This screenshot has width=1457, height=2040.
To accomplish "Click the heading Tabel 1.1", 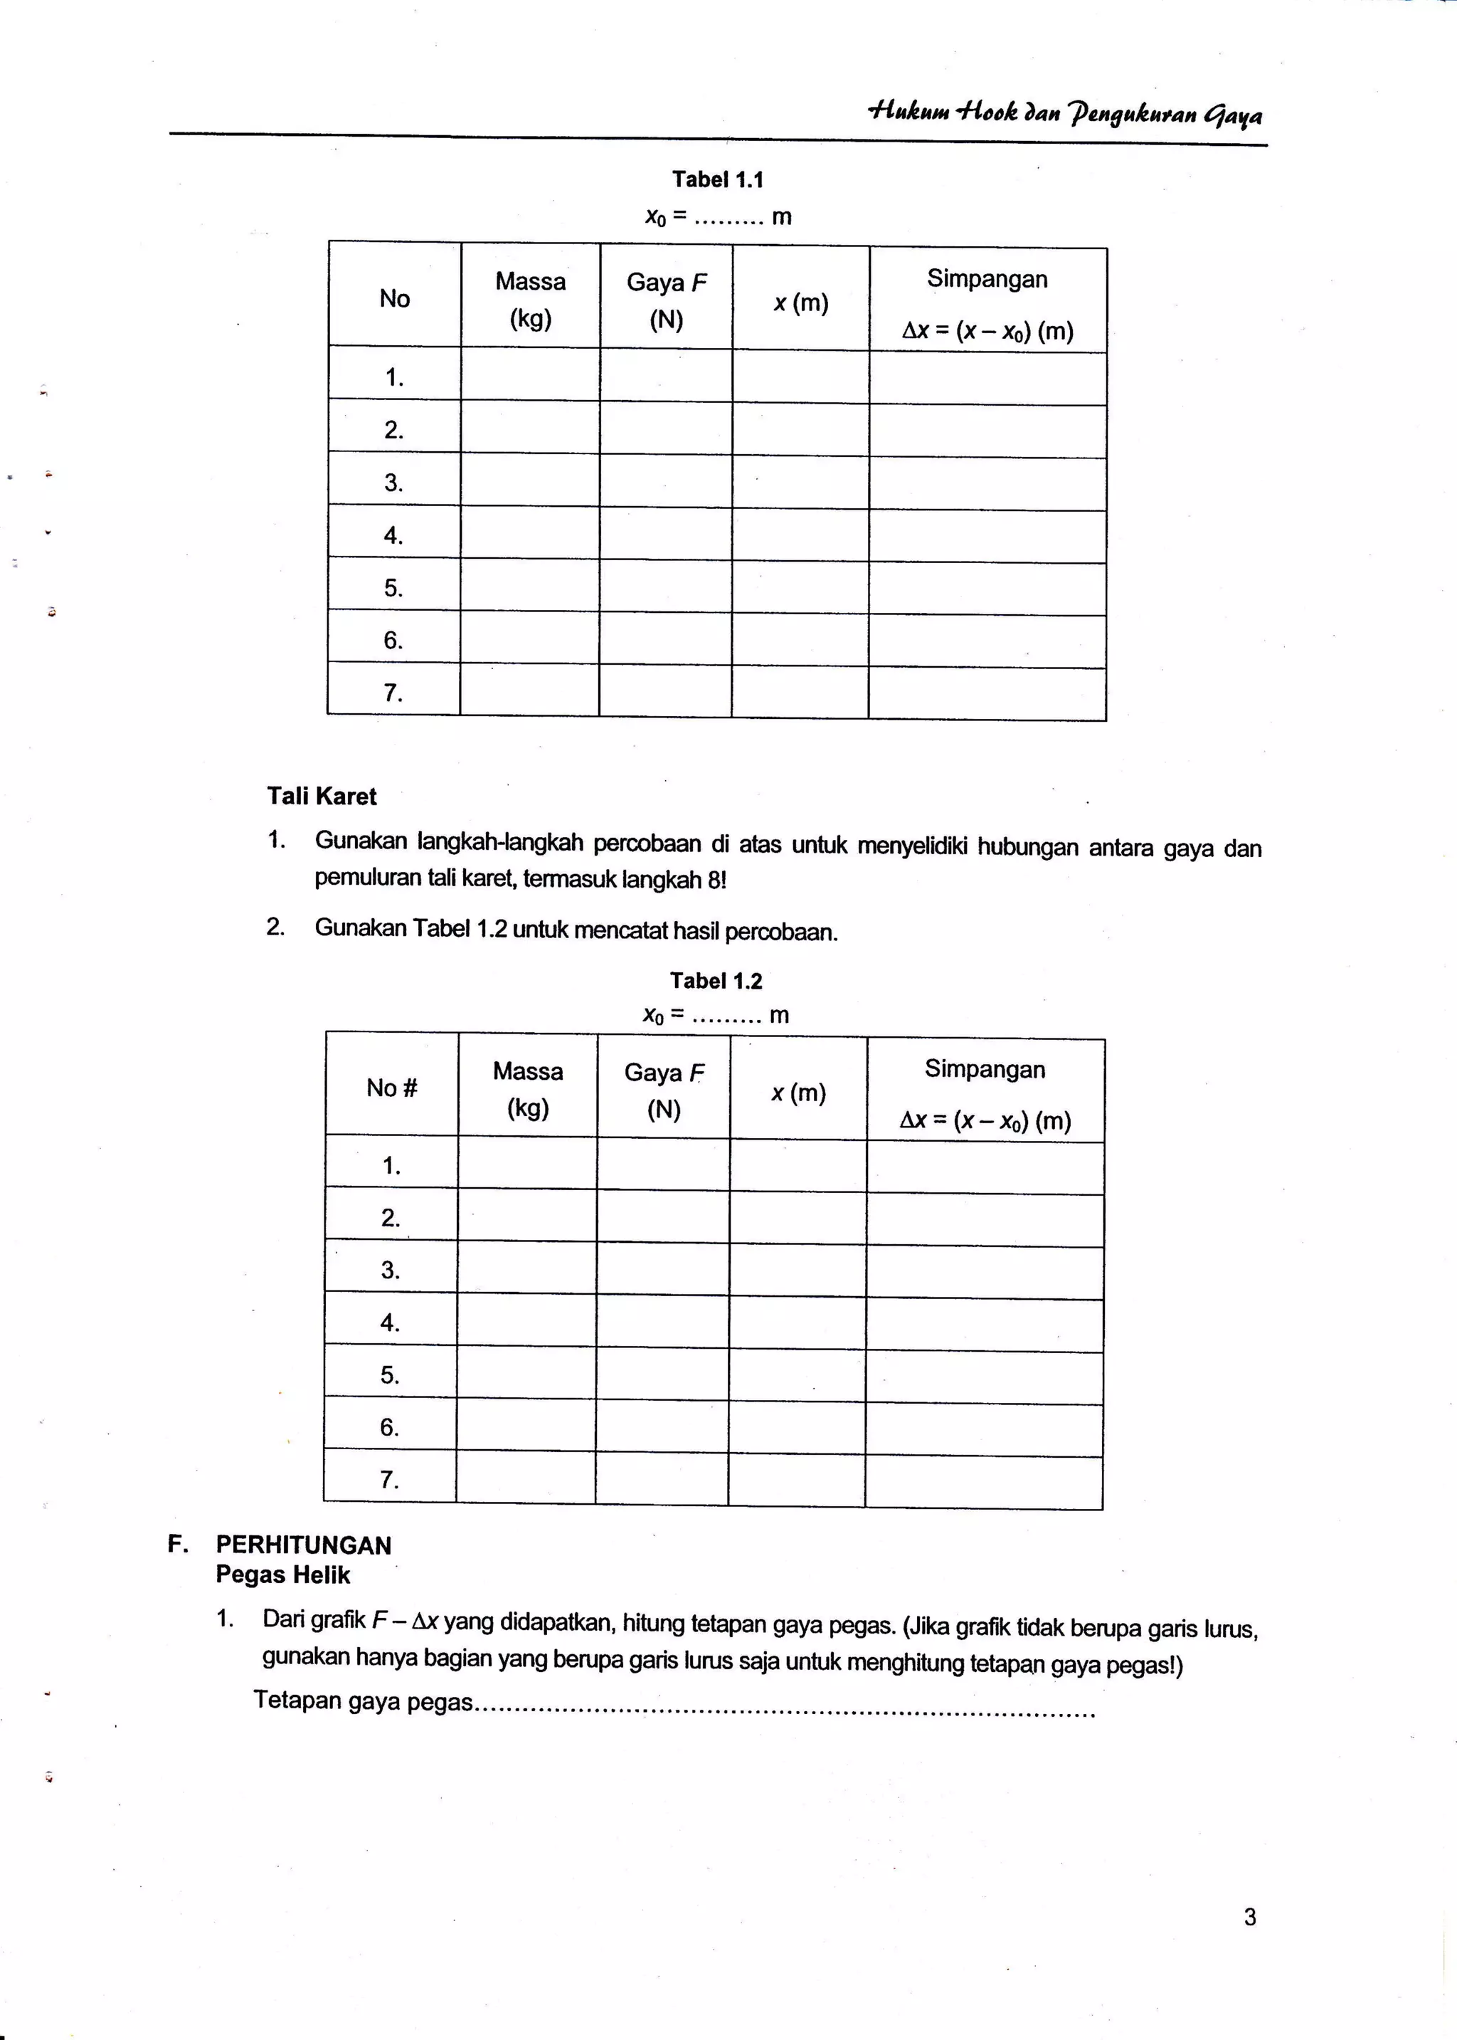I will [718, 179].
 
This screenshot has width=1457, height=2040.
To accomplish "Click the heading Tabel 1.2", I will [715, 981].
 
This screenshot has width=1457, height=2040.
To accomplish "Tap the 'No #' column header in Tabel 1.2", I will [392, 1088].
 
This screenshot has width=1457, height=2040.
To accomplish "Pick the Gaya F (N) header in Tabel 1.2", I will [664, 1090].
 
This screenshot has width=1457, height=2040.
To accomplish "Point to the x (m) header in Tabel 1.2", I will [798, 1093].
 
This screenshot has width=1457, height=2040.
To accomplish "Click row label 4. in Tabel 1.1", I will [394, 535].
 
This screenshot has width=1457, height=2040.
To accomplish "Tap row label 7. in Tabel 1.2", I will [389, 1479].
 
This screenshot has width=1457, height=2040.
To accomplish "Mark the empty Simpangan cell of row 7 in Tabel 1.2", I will [984, 1483].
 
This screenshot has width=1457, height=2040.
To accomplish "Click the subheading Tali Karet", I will [321, 796].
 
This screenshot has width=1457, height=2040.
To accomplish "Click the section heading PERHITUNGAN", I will [303, 1545].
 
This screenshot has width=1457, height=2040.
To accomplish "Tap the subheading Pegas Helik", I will [282, 1574].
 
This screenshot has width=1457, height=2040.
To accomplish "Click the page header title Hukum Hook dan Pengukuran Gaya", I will [1065, 114].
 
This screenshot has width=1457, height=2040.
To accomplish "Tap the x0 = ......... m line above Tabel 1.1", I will [718, 217].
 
